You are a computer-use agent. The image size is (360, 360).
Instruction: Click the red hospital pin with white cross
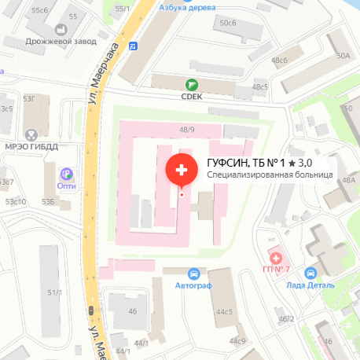tap(182, 170)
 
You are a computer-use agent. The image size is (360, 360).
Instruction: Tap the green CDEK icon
tap(190, 85)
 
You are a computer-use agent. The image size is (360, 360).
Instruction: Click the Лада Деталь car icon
tap(311, 273)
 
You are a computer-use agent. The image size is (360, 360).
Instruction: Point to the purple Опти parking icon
tap(67, 174)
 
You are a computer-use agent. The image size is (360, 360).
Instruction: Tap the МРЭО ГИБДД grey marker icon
tap(31, 134)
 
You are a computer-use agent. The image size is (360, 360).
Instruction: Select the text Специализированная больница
tap(270, 174)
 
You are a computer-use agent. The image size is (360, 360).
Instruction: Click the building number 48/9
tap(187, 130)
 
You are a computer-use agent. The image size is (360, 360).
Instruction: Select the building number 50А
tap(343, 56)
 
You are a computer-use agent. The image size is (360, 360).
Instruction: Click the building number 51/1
tap(55, 292)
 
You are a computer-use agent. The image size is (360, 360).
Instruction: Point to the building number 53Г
tap(30, 98)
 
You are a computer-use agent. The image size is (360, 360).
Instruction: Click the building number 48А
tap(348, 180)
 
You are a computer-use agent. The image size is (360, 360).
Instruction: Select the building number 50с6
tap(228, 23)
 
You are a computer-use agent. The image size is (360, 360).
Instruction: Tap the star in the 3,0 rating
tap(292, 163)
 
